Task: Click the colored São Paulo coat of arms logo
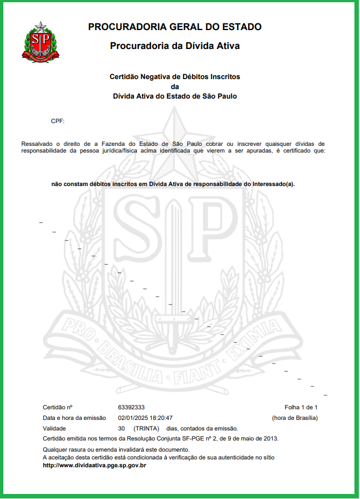(x=40, y=41)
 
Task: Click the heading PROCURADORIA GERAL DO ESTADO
(x=175, y=27)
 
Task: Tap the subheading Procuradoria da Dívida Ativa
(x=175, y=46)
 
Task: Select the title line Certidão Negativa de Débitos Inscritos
(x=175, y=76)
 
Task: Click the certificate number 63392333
(x=131, y=407)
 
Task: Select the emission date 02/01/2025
(x=131, y=418)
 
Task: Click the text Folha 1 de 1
(x=300, y=407)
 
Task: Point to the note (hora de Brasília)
(x=294, y=418)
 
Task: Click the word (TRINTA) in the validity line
(x=146, y=428)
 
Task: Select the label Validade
(x=55, y=428)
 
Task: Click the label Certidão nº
(x=58, y=407)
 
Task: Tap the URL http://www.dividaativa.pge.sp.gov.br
(x=94, y=464)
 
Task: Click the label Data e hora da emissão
(x=75, y=418)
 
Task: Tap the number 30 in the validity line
(x=121, y=428)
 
